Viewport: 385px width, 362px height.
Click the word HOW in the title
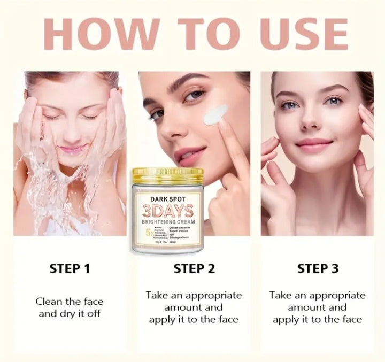99,34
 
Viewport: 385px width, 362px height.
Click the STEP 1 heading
70,268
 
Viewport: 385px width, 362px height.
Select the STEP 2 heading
194,268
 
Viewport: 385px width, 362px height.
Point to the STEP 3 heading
318,268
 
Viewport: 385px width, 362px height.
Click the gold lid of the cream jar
167,175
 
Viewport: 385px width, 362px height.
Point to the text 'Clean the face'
70,302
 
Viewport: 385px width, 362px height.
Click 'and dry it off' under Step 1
70,313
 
